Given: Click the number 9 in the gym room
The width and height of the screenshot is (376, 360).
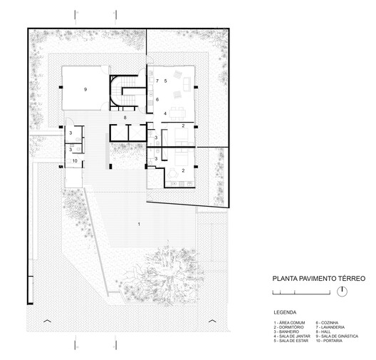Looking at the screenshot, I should coord(85,89).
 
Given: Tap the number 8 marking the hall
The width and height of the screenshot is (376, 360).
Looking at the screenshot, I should coord(125,117).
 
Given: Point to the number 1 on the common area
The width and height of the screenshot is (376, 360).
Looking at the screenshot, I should coord(139,225).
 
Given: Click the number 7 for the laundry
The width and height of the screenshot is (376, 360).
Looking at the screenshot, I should coord(157,82).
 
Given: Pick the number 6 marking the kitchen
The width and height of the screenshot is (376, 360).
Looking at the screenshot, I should coord(157,100).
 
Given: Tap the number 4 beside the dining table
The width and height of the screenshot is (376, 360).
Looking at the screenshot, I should coord(164,113).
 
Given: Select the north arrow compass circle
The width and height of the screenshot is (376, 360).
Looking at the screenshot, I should coord(342,291).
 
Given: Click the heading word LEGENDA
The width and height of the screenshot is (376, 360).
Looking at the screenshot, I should coord(286,312).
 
